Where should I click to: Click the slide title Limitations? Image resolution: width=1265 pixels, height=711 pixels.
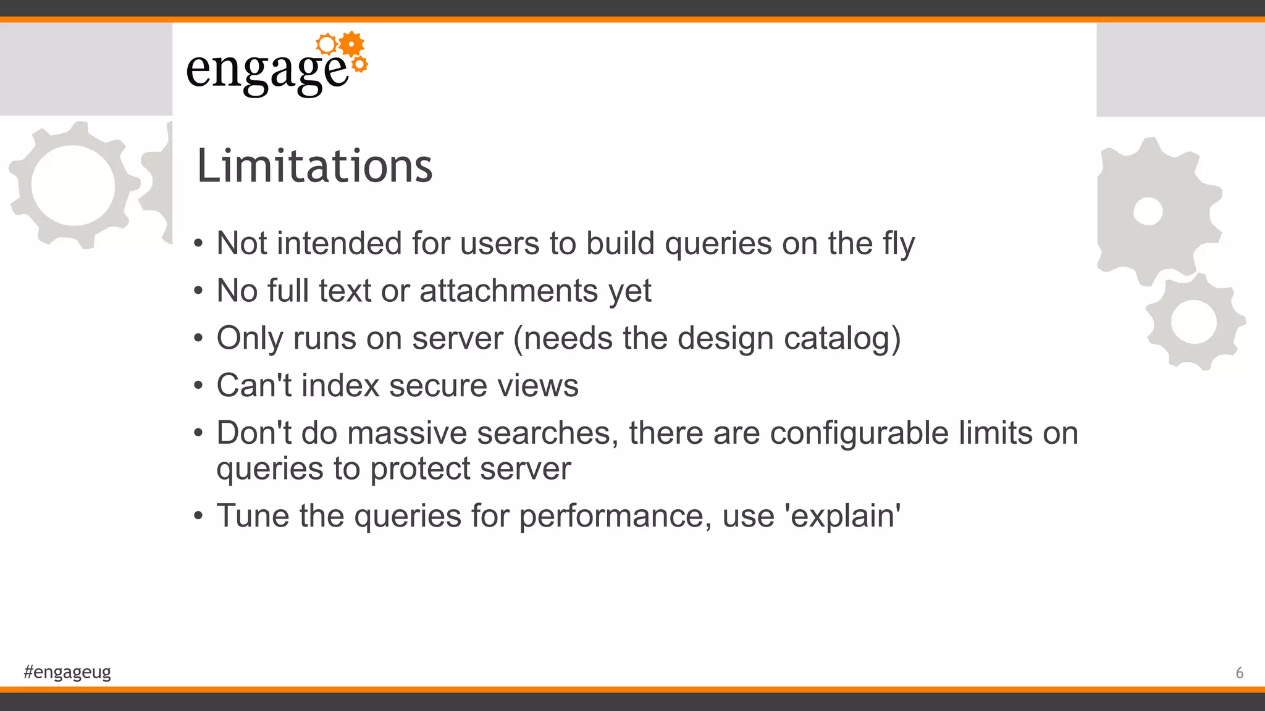click(314, 166)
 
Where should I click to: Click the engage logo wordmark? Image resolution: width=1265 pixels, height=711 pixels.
click(267, 71)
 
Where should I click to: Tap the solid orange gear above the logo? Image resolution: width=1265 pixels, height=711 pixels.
click(351, 44)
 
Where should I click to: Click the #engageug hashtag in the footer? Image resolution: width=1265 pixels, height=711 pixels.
click(67, 671)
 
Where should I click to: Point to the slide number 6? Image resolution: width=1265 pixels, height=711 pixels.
click(1239, 673)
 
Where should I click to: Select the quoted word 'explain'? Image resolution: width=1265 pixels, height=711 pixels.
click(843, 516)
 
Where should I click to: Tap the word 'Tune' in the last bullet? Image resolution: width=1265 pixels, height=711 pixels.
click(252, 515)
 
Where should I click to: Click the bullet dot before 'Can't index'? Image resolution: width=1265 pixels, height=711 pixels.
click(198, 386)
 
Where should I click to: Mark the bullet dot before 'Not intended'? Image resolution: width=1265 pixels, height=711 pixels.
click(198, 244)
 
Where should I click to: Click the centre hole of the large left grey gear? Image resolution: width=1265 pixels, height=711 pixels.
click(73, 185)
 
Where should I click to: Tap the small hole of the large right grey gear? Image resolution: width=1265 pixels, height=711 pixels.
click(1148, 212)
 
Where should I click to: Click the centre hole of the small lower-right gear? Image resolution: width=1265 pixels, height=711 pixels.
click(1193, 322)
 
